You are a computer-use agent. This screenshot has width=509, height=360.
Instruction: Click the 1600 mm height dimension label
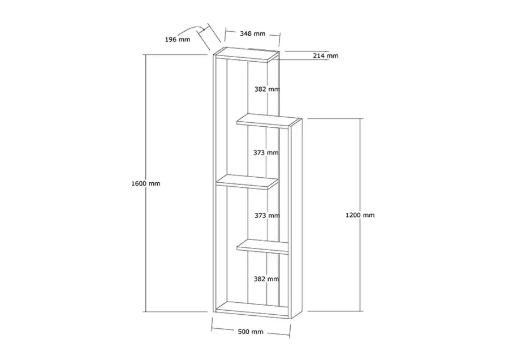(146, 183)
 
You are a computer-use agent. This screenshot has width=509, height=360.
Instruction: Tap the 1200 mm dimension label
(360, 215)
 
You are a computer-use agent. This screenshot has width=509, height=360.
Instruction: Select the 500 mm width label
(251, 332)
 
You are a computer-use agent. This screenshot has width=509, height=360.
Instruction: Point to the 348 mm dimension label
(253, 33)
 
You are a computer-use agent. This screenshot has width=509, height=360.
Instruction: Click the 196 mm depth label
(178, 40)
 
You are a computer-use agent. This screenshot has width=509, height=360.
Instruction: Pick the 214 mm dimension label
(326, 55)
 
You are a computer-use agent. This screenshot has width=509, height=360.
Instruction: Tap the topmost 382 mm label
(267, 89)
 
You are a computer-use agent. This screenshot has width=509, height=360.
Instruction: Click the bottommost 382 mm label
(266, 278)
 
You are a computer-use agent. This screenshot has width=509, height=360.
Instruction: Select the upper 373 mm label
(266, 152)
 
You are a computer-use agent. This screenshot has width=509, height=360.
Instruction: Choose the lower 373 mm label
(267, 216)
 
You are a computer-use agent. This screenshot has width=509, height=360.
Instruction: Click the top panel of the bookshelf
(247, 54)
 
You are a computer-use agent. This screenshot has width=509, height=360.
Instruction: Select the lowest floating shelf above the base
(263, 247)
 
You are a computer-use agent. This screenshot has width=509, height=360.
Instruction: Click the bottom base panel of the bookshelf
(253, 310)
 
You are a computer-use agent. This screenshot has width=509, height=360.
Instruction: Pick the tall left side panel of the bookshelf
(214, 183)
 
